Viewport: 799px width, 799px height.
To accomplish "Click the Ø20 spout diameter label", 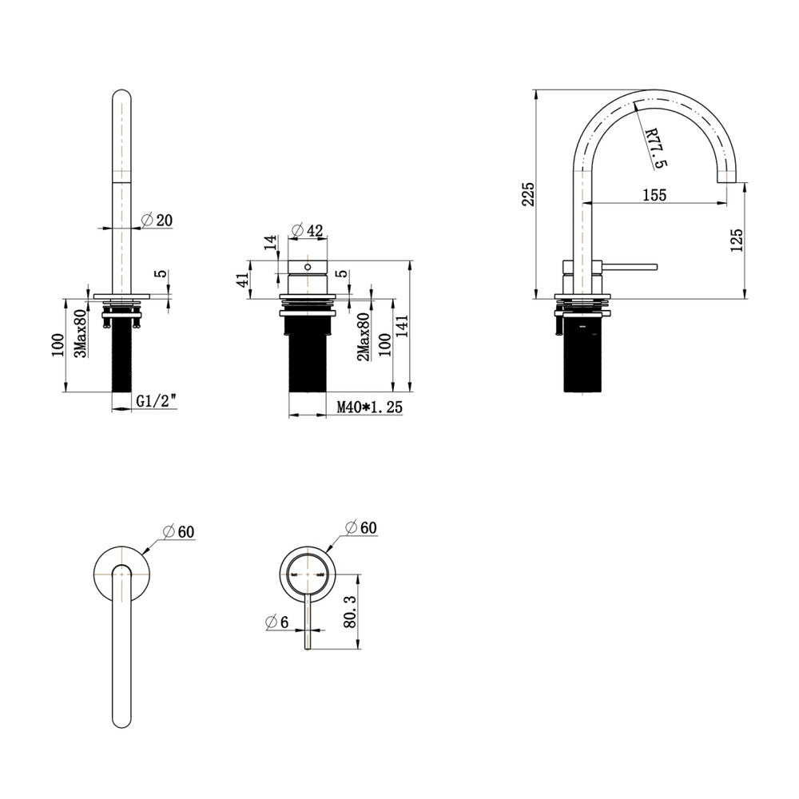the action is [157, 221].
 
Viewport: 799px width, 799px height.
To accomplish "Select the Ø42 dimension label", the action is [308, 230].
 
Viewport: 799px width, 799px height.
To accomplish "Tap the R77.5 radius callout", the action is [656, 148].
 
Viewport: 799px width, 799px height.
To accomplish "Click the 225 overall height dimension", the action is [528, 193].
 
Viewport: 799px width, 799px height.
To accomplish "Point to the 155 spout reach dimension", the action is [654, 195].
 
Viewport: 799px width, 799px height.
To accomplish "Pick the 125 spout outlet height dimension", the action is [737, 240].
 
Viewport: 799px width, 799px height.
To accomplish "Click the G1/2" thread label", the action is [157, 402].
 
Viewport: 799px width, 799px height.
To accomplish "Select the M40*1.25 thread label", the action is [369, 407].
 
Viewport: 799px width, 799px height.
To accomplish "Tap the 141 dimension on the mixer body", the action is [402, 328].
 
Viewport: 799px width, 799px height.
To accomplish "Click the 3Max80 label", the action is [80, 333].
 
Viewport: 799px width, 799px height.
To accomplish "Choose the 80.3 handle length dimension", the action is [350, 611].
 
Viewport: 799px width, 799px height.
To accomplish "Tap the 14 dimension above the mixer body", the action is [271, 241].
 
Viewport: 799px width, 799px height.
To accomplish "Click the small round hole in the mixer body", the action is [308, 267].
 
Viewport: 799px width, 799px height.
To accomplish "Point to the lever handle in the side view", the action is [630, 266].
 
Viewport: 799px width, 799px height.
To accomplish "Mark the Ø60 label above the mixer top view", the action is [361, 527].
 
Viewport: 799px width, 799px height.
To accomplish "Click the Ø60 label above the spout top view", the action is [178, 531].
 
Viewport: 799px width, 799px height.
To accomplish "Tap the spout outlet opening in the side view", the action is [727, 182].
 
